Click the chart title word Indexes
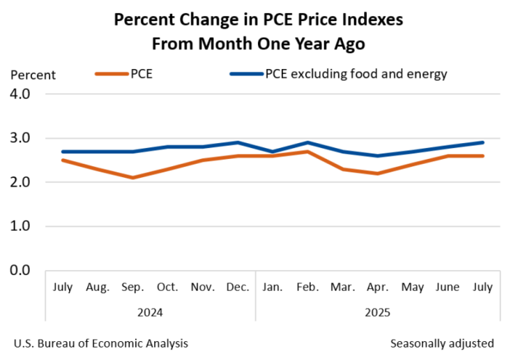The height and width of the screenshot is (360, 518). pyautogui.click(x=369, y=20)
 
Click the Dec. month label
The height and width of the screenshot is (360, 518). pyautogui.click(x=238, y=287)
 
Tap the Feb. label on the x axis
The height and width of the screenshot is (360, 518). pyautogui.click(x=308, y=287)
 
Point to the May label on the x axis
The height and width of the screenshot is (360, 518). pyautogui.click(x=413, y=287)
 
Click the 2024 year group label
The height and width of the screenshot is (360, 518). pyautogui.click(x=151, y=312)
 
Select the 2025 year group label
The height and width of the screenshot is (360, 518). pyautogui.click(x=378, y=312)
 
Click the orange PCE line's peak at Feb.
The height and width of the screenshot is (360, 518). pyautogui.click(x=308, y=151)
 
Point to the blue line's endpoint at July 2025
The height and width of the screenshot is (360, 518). pyautogui.click(x=483, y=142)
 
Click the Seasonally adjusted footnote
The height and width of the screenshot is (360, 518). pyautogui.click(x=442, y=343)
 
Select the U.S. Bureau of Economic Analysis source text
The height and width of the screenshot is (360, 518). pyautogui.click(x=100, y=343)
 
